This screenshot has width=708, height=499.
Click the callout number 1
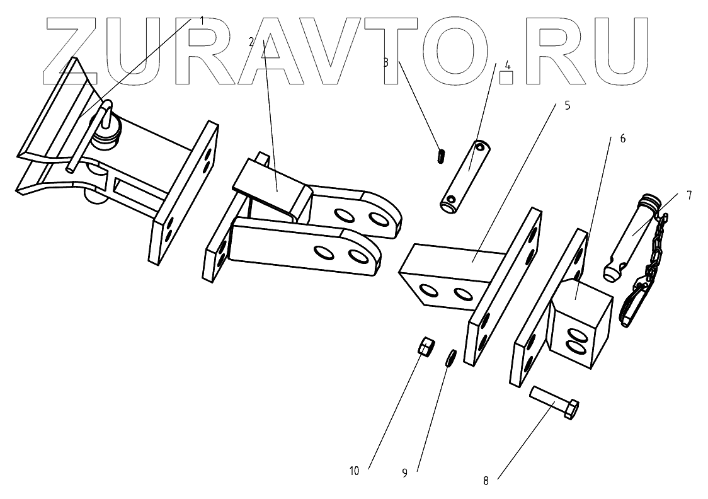tap(202, 20)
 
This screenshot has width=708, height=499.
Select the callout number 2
tap(251, 42)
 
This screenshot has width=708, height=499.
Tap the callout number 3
tap(385, 63)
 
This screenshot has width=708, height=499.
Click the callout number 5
tap(567, 105)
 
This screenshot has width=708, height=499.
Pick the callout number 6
tap(622, 138)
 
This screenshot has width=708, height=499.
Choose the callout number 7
tap(688, 195)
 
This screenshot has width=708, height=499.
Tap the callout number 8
tap(486, 481)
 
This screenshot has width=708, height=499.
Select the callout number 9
tap(404, 471)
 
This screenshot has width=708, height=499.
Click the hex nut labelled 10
tap(426, 346)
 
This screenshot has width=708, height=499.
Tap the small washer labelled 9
tap(451, 358)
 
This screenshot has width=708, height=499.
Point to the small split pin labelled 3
tap(440, 155)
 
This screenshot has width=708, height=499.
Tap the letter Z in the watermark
tap(72, 50)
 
